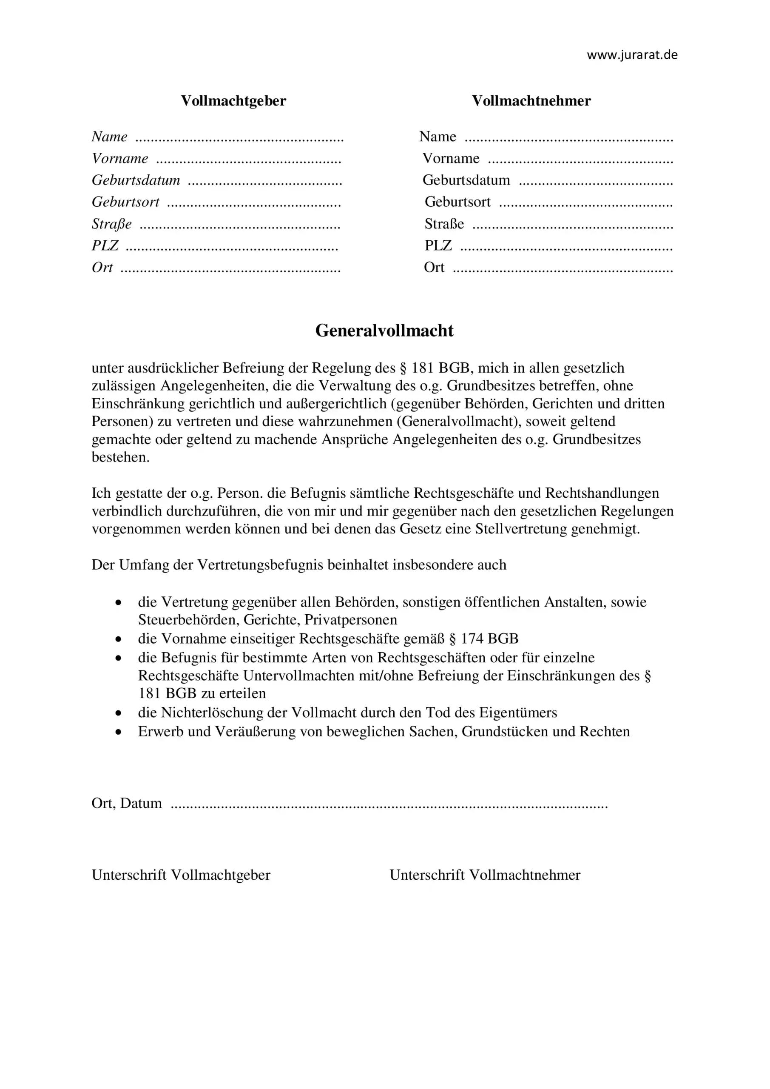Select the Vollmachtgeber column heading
point(233,100)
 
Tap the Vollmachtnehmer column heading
point(531,100)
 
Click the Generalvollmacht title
point(384,331)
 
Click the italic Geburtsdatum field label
point(136,180)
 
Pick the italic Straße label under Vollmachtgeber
point(112,224)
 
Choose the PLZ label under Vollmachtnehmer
point(438,246)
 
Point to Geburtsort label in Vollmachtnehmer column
point(457,202)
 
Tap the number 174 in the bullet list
point(472,639)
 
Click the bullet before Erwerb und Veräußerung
point(119,733)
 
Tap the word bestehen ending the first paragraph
point(119,457)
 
